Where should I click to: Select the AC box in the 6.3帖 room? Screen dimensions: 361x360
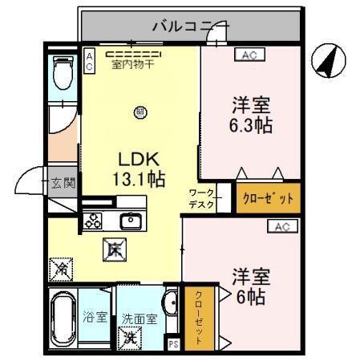coord(246,55)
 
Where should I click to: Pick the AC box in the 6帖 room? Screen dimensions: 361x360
coord(281,227)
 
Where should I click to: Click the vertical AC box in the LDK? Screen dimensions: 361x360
coord(90,60)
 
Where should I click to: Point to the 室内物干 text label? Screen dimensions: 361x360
coord(132,63)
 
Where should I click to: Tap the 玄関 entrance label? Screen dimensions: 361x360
coord(64,182)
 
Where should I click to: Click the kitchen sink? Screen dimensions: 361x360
coord(130,220)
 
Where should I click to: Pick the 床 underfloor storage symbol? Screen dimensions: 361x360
coord(112,250)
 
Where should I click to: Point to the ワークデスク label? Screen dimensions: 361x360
coord(202,198)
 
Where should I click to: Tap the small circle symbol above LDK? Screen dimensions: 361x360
coord(140,112)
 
